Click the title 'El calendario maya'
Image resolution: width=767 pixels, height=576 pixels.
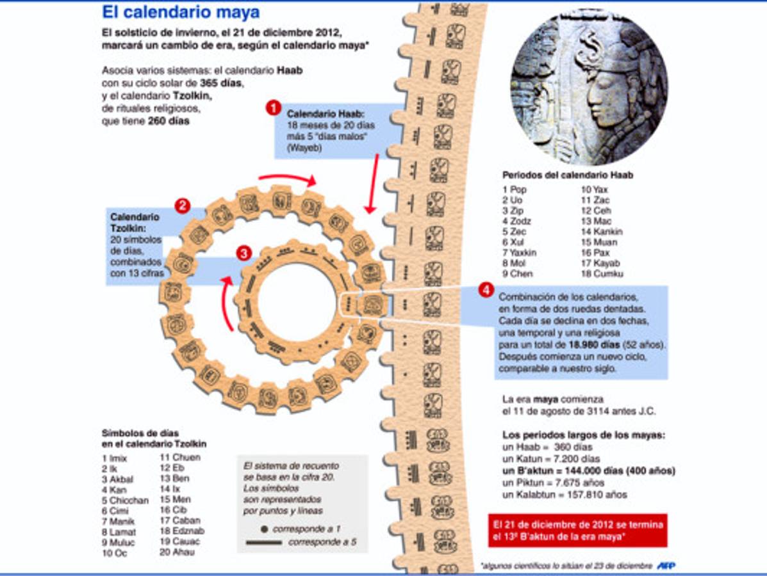[x=181, y=12]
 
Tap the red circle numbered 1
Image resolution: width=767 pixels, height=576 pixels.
[x=274, y=108]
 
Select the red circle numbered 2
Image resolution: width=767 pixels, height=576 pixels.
[x=183, y=205]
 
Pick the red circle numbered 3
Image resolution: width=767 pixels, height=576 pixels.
[x=243, y=253]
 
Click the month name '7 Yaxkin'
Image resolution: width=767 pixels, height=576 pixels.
[x=520, y=253]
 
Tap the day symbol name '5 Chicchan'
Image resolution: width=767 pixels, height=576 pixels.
[x=125, y=500]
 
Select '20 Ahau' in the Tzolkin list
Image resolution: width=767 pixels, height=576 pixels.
[x=177, y=552]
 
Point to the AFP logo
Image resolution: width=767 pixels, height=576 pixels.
[x=666, y=566]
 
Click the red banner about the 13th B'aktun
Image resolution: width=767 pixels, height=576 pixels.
[x=577, y=530]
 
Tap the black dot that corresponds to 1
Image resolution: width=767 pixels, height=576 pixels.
[x=263, y=530]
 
